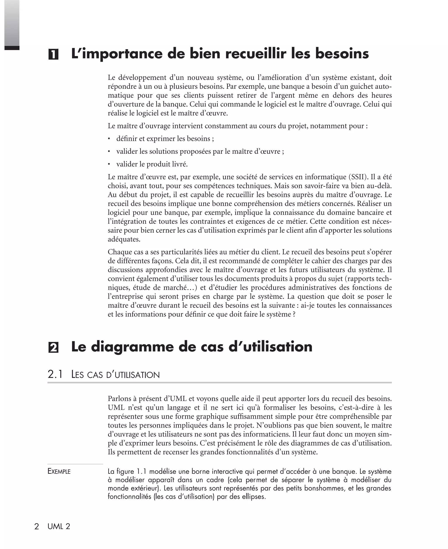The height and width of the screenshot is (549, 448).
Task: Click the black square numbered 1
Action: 53,54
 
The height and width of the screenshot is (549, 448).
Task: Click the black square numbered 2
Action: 53,348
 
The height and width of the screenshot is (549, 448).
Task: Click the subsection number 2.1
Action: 55,374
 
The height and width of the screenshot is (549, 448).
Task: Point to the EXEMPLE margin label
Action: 59,472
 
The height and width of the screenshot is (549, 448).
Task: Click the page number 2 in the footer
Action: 37,526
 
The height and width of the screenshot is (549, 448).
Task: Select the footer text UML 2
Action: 59,526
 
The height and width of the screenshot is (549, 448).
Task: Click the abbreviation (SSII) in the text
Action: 357,177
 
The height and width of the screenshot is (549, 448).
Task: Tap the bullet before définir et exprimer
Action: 109,139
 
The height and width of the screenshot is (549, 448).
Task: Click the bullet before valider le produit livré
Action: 109,164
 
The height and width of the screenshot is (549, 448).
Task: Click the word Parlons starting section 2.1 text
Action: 119,399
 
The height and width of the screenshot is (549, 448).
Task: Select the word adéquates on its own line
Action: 124,240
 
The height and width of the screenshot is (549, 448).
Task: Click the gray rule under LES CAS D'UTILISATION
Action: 219,383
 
